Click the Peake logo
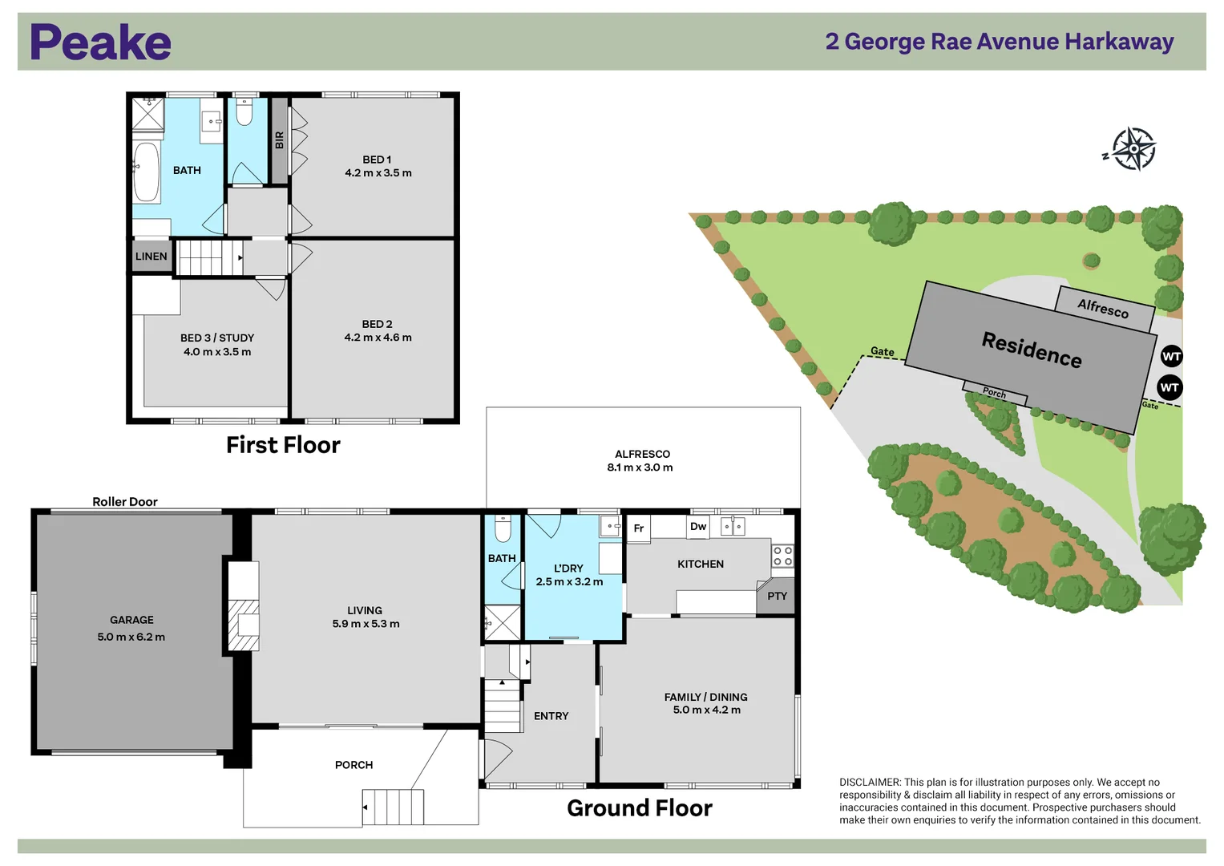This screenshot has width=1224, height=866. tap(100, 42)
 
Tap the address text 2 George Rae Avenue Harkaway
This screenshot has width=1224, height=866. tap(999, 42)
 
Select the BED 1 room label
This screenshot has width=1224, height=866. tap(377, 160)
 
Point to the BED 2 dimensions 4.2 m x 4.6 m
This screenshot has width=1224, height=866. tap(378, 338)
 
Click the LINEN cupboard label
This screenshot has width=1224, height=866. tap(151, 257)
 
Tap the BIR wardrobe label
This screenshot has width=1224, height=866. tap(279, 140)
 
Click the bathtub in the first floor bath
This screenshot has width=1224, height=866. tap(146, 172)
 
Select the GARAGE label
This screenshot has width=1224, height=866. tap(131, 620)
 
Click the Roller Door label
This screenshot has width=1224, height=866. tap(125, 502)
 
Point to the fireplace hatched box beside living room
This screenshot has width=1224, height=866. tap(244, 625)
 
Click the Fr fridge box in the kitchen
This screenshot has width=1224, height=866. tap(639, 528)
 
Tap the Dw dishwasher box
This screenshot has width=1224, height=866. tap(698, 527)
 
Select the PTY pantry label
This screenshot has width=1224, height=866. tap(777, 597)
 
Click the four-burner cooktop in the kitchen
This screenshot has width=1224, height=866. tap(782, 556)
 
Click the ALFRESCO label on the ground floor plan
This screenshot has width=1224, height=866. tap(642, 454)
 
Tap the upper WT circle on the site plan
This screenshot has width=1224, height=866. tap(1171, 356)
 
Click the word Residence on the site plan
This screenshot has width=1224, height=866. tap(1032, 350)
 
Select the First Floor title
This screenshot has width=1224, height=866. tap(283, 445)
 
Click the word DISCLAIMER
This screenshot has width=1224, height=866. tap(870, 783)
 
